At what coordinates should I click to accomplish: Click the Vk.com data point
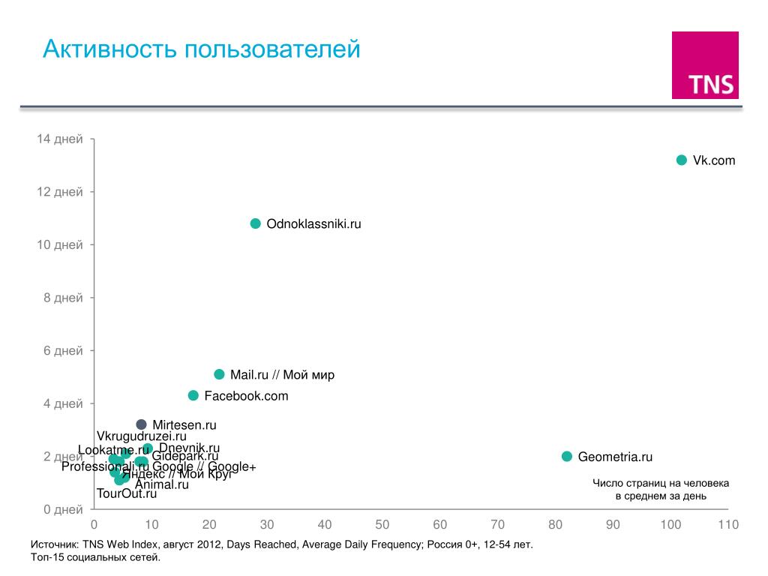[x=682, y=160]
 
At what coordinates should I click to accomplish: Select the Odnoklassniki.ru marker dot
[x=256, y=223]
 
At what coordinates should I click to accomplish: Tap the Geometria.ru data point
[x=567, y=456]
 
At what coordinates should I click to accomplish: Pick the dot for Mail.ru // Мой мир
[x=219, y=374]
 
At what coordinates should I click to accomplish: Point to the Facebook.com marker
[x=193, y=395]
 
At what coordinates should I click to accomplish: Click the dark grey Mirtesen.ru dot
[x=141, y=424]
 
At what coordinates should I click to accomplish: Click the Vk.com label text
[x=714, y=160]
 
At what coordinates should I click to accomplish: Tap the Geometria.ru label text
[x=615, y=457]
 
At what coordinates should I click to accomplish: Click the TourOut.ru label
[x=127, y=493]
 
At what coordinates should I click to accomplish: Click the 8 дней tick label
[x=63, y=298]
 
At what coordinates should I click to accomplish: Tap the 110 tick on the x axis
[x=728, y=525]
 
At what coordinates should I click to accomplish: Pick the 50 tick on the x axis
[x=382, y=525]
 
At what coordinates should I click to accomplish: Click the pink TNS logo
[x=705, y=65]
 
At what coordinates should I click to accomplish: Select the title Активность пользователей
[x=202, y=49]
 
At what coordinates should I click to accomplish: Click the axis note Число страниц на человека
[x=661, y=483]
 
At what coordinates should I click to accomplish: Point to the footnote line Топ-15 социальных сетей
[x=96, y=558]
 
